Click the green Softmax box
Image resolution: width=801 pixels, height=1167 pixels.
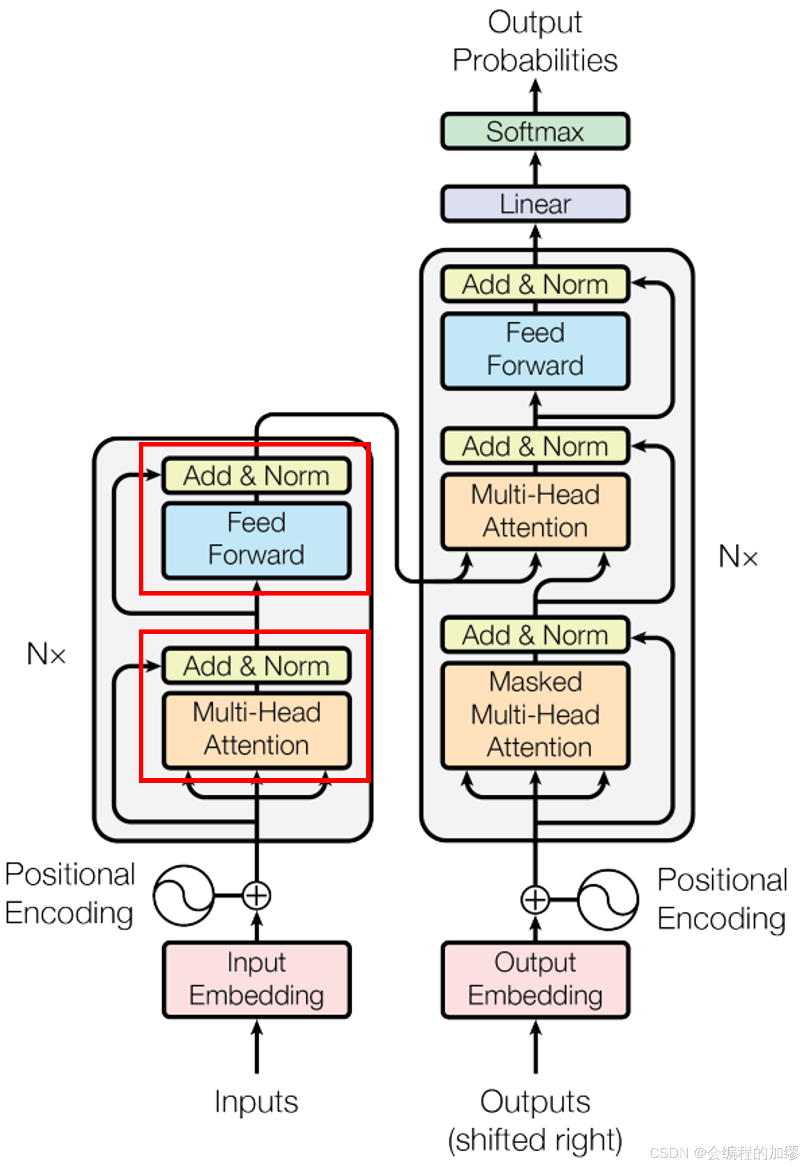[x=534, y=132]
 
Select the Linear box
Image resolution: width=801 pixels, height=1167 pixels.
[x=534, y=204]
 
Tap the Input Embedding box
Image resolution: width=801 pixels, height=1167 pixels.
[x=256, y=979]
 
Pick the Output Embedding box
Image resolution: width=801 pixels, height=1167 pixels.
[x=534, y=979]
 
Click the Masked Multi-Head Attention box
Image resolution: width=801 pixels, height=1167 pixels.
[x=534, y=715]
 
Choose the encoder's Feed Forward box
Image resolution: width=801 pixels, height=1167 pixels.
[x=256, y=539]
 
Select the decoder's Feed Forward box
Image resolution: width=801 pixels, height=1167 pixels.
[x=534, y=350]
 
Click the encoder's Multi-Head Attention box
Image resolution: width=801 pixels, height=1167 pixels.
[x=256, y=729]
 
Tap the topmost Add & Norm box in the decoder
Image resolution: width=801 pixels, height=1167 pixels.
[x=534, y=285]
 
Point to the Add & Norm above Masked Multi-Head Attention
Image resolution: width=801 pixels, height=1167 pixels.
[x=534, y=635]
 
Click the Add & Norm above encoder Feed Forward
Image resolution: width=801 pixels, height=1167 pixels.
[x=256, y=475]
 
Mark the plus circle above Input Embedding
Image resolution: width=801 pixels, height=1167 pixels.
[x=256, y=895]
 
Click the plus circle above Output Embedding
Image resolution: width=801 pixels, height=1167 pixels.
[x=534, y=899]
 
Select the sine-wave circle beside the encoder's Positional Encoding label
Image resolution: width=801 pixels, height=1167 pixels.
[x=184, y=895]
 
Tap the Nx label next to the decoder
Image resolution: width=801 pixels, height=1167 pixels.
[x=737, y=556]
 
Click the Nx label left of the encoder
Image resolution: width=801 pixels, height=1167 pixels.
[x=46, y=654]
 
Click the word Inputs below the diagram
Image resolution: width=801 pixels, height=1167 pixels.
[x=256, y=1102]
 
